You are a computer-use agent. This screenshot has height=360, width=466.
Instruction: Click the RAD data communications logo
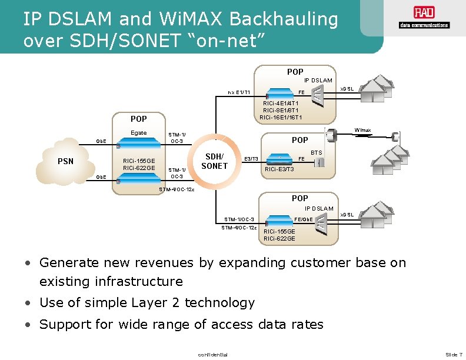(423, 18)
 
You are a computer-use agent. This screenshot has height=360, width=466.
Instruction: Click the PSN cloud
(66, 160)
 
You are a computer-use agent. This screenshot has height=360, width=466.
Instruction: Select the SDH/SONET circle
(214, 161)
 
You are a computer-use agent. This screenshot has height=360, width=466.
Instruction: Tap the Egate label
(138, 133)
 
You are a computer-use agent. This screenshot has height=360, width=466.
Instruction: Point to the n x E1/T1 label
(239, 92)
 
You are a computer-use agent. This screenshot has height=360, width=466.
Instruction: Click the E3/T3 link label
(251, 159)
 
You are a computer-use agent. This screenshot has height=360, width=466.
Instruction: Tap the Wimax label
(362, 130)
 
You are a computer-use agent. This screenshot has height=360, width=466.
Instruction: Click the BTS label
(317, 152)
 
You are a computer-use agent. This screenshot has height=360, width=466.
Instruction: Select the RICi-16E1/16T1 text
(281, 117)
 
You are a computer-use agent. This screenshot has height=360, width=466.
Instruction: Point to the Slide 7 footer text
(454, 354)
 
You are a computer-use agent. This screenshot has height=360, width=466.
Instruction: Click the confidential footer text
(212, 354)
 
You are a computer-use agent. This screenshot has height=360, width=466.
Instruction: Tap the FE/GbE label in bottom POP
(304, 219)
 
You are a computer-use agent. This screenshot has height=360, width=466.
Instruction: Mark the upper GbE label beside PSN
(102, 141)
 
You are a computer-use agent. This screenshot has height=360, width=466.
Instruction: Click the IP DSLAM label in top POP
(318, 80)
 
